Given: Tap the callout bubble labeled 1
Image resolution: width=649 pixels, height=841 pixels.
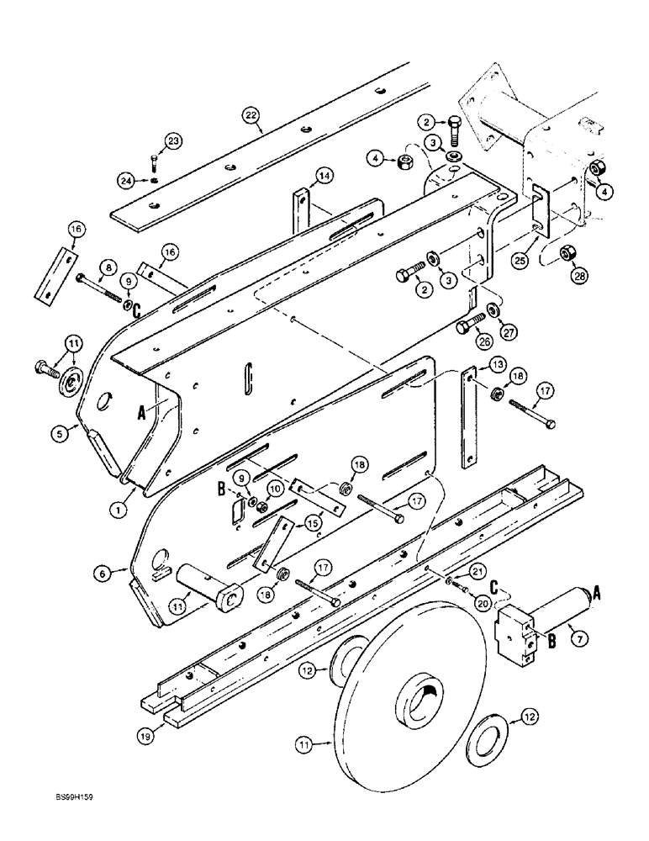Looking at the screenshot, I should pos(121,508).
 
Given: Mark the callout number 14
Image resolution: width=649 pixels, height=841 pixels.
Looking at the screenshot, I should pos(324,176).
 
